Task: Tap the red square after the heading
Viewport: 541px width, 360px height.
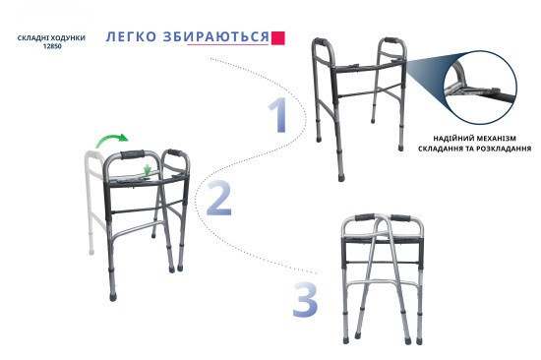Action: [278, 37]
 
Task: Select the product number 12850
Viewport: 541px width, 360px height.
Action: [52, 46]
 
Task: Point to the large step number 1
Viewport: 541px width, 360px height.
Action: [278, 115]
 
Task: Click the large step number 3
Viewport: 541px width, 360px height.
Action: [305, 300]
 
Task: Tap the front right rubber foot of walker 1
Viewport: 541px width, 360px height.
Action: [401, 148]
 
